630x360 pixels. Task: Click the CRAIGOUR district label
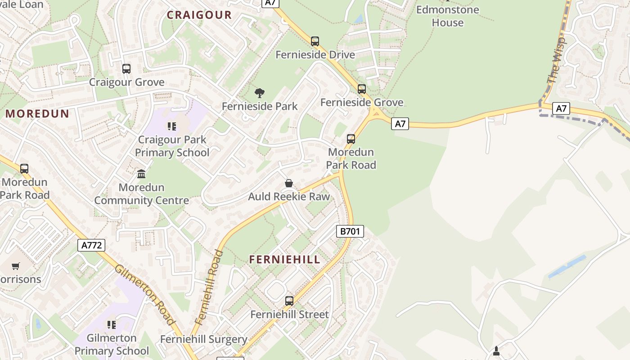click(199, 15)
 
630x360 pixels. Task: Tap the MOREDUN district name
click(37, 113)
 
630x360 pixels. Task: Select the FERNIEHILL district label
click(285, 259)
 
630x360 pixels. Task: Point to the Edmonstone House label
click(447, 16)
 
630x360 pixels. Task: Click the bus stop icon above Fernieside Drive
click(315, 41)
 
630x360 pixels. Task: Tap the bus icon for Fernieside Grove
click(362, 89)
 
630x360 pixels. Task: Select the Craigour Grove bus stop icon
click(126, 69)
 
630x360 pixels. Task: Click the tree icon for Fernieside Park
click(260, 93)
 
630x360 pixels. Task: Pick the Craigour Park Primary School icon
click(172, 126)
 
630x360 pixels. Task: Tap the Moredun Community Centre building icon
click(141, 174)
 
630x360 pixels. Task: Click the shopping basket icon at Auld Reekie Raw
click(289, 183)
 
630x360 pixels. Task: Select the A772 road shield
click(91, 245)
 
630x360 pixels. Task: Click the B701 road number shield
click(350, 231)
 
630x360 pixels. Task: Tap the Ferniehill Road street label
click(210, 287)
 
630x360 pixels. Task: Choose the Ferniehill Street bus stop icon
click(289, 301)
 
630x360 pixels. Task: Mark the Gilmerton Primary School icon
click(112, 325)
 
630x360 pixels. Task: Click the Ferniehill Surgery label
click(204, 339)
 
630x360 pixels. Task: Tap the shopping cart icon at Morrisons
click(16, 266)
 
